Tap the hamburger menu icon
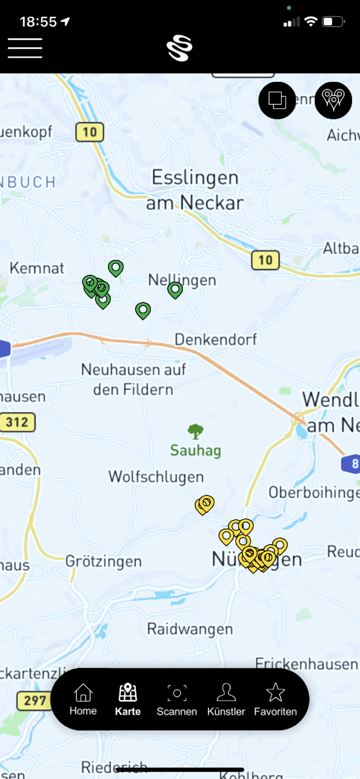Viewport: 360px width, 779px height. (25, 48)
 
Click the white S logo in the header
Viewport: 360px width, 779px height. (180, 48)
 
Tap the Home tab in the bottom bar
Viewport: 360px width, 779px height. (83, 700)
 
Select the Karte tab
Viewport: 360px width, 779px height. (128, 700)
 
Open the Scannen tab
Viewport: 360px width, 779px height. (177, 700)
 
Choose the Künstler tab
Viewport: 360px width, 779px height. (226, 700)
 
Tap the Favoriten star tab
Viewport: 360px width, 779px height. (275, 700)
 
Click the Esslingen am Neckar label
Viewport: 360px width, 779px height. (195, 190)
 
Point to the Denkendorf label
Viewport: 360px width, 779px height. (216, 340)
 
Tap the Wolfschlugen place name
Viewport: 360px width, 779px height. (156, 476)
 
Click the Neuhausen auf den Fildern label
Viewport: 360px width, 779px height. (133, 379)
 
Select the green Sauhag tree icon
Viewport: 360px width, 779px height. (195, 431)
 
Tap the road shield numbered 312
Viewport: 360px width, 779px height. (17, 422)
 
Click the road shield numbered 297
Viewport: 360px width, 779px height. (34, 701)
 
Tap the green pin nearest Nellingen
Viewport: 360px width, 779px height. (176, 289)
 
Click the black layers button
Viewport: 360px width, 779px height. (277, 100)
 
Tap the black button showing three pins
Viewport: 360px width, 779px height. (333, 100)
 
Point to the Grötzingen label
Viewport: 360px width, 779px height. (103, 561)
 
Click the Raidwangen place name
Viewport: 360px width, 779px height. (190, 629)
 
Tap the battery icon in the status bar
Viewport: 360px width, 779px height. (333, 22)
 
